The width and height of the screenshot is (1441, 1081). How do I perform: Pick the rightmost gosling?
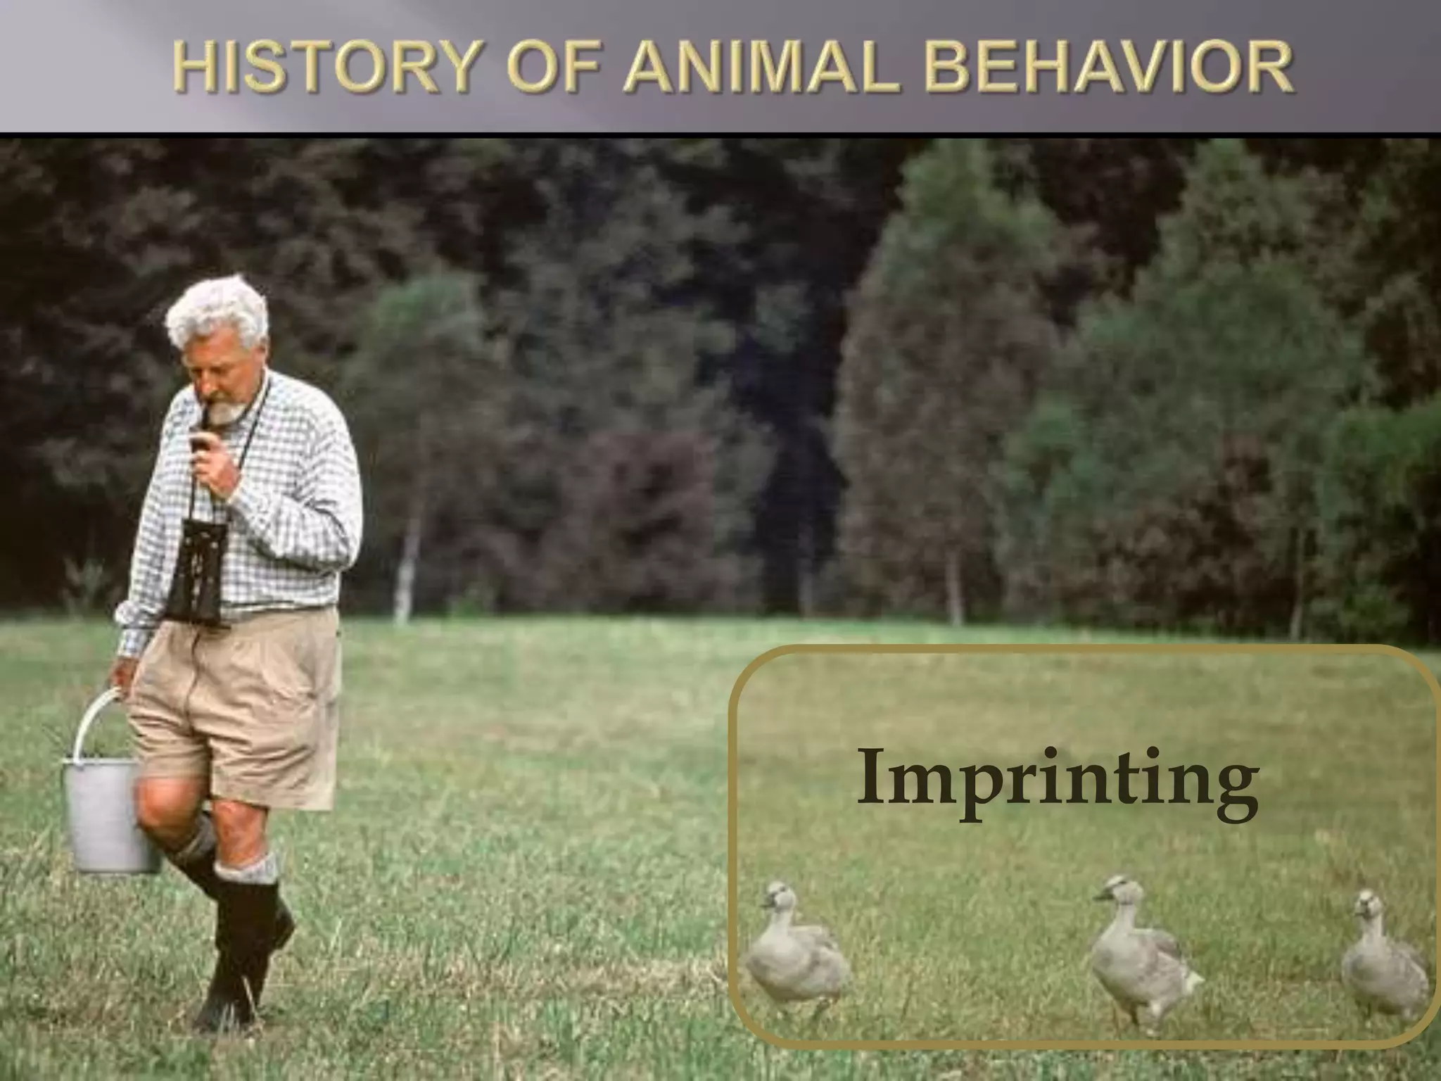point(1383,964)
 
